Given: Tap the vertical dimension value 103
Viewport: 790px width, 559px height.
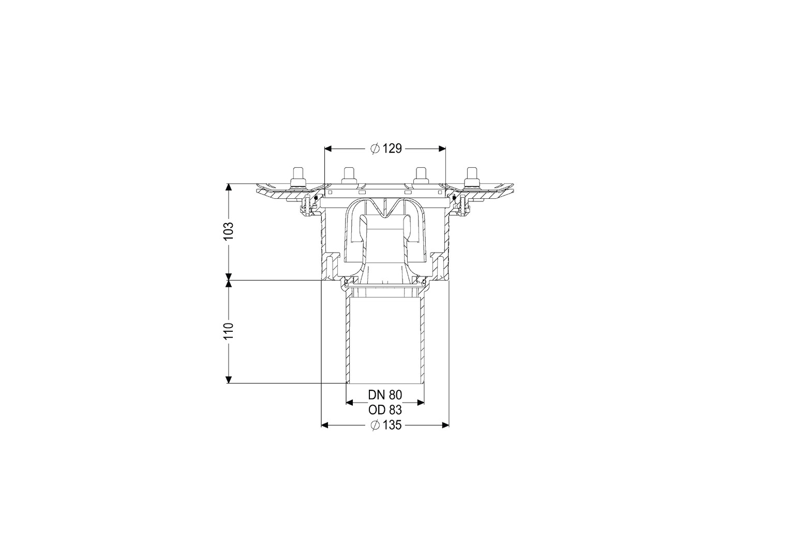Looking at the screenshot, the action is [x=229, y=231].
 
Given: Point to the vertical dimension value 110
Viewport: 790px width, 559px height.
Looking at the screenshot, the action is [x=229, y=331].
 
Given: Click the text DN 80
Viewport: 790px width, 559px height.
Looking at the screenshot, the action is [x=385, y=394].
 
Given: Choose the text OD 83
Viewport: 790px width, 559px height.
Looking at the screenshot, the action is [x=385, y=410].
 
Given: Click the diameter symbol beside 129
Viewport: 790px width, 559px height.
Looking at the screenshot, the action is [x=375, y=149].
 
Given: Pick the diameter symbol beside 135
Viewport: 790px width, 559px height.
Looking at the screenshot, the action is [x=375, y=425].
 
